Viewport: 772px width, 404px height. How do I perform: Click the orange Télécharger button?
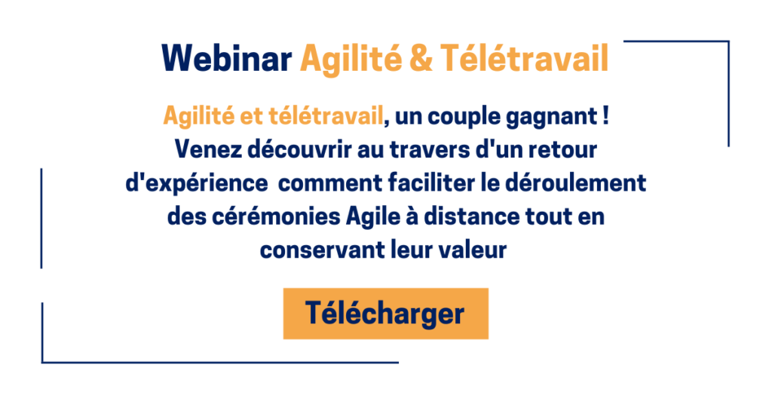(385, 314)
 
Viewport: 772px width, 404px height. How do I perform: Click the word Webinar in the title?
(226, 59)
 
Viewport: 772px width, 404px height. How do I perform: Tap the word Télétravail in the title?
(525, 59)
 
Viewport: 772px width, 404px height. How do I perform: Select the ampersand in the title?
(421, 59)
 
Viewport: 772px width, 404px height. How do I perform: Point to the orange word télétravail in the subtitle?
(326, 116)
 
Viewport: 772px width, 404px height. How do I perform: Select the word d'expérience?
(197, 184)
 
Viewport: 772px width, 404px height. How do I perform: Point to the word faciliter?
(432, 182)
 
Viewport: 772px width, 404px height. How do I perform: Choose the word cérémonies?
(276, 216)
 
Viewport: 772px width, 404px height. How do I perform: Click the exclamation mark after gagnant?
(605, 116)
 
